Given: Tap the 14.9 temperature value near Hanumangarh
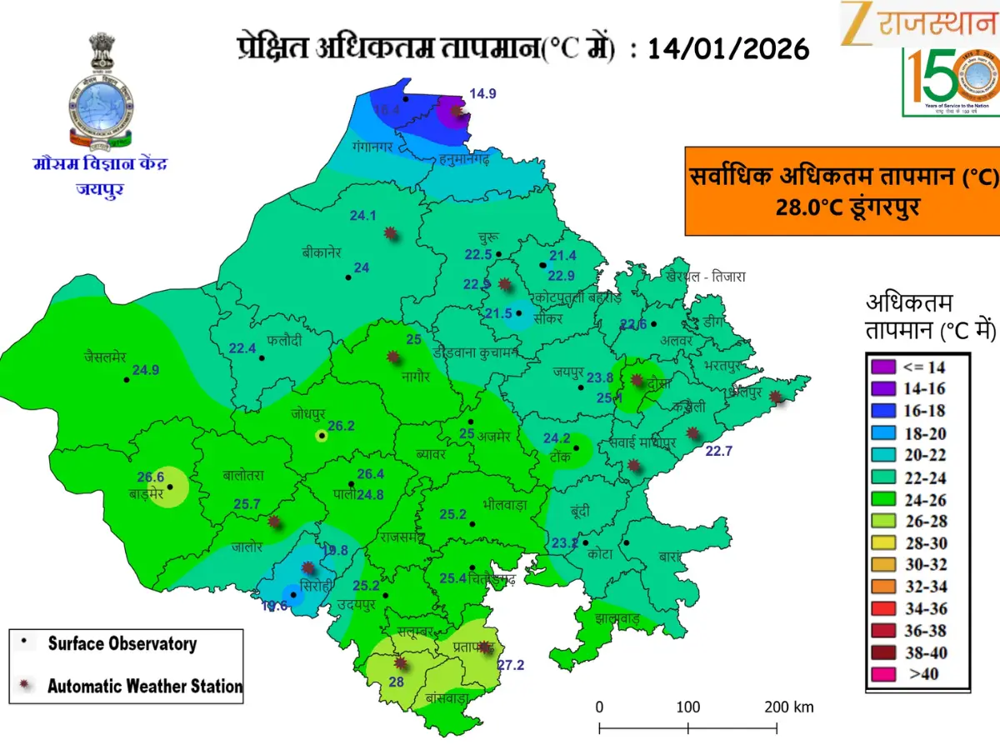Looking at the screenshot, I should [x=482, y=94].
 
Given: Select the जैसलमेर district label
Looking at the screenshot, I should [x=104, y=357].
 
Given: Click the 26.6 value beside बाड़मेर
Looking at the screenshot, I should [x=150, y=477].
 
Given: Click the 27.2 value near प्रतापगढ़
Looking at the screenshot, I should [x=511, y=665].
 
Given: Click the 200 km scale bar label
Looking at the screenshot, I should [x=788, y=707].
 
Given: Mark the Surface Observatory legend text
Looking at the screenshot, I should [x=122, y=643].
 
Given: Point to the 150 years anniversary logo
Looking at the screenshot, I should [x=950, y=82].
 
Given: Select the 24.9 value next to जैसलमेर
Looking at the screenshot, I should [x=146, y=370].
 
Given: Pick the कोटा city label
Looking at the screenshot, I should [x=599, y=552].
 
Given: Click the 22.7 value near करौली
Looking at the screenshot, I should [x=717, y=452].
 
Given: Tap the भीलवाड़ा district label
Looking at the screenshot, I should [x=504, y=504].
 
